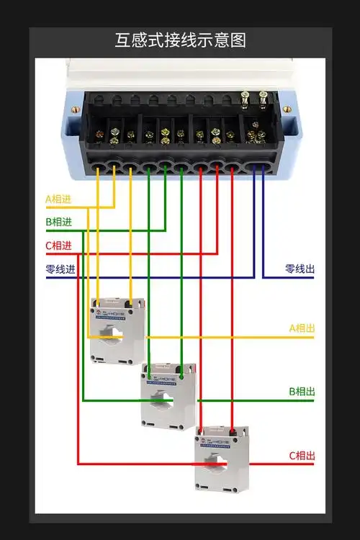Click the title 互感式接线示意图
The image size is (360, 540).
click(x=180, y=40)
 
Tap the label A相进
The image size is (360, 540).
click(x=58, y=199)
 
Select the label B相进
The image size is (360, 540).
click(x=58, y=222)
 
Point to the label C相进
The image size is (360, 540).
click(x=58, y=246)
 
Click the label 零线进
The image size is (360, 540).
click(x=60, y=269)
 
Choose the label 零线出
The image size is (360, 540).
click(x=300, y=269)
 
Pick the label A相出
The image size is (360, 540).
click(x=302, y=328)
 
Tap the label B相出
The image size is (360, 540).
click(x=302, y=392)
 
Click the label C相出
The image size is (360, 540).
click(x=302, y=456)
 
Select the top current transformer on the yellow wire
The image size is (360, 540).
click(x=117, y=330)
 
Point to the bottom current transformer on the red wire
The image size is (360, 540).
click(x=221, y=459)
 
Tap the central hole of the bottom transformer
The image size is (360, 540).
click(x=220, y=463)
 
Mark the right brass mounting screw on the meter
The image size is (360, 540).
click(x=287, y=109)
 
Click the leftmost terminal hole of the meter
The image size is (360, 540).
click(x=97, y=169)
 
